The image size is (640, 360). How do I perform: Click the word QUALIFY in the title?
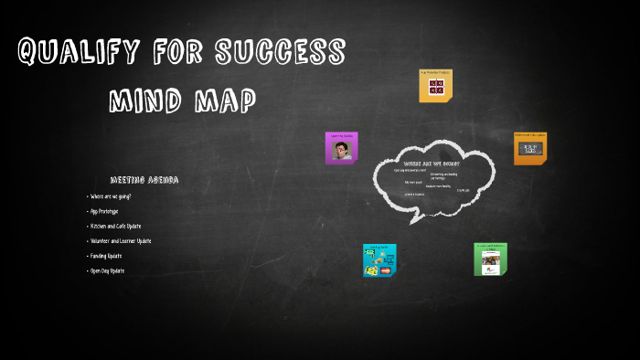(76, 53)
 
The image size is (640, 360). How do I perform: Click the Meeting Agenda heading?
(144, 180)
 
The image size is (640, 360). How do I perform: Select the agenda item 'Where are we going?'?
(111, 196)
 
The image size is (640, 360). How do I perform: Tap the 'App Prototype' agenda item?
(104, 211)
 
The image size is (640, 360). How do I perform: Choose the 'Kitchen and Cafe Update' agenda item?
(115, 226)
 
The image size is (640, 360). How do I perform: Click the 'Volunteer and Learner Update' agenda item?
(121, 241)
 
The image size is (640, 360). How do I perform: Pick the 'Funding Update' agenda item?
(106, 256)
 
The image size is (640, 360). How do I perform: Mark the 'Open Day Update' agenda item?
(107, 270)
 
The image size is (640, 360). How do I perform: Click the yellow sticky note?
(435, 86)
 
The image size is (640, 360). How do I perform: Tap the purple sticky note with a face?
(341, 148)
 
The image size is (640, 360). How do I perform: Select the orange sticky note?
(529, 148)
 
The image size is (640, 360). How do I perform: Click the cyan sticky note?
(379, 259)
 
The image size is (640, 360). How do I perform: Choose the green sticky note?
(490, 259)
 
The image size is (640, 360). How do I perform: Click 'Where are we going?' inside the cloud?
(432, 164)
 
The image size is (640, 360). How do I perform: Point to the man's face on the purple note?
(341, 150)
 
